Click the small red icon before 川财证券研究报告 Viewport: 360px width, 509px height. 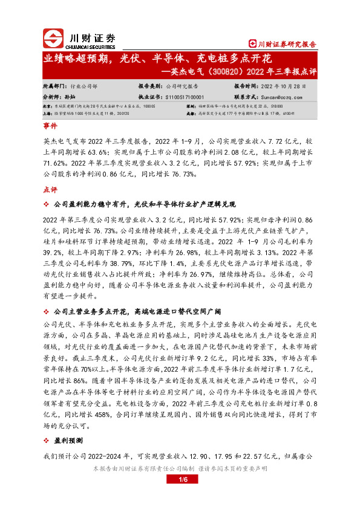pyautogui.click(x=253, y=44)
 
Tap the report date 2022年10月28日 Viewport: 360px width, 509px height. pyautogui.click(x=279, y=87)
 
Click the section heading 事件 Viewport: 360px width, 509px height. pyautogui.click(x=50, y=128)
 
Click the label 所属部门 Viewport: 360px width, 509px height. pyautogui.click(x=55, y=87)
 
